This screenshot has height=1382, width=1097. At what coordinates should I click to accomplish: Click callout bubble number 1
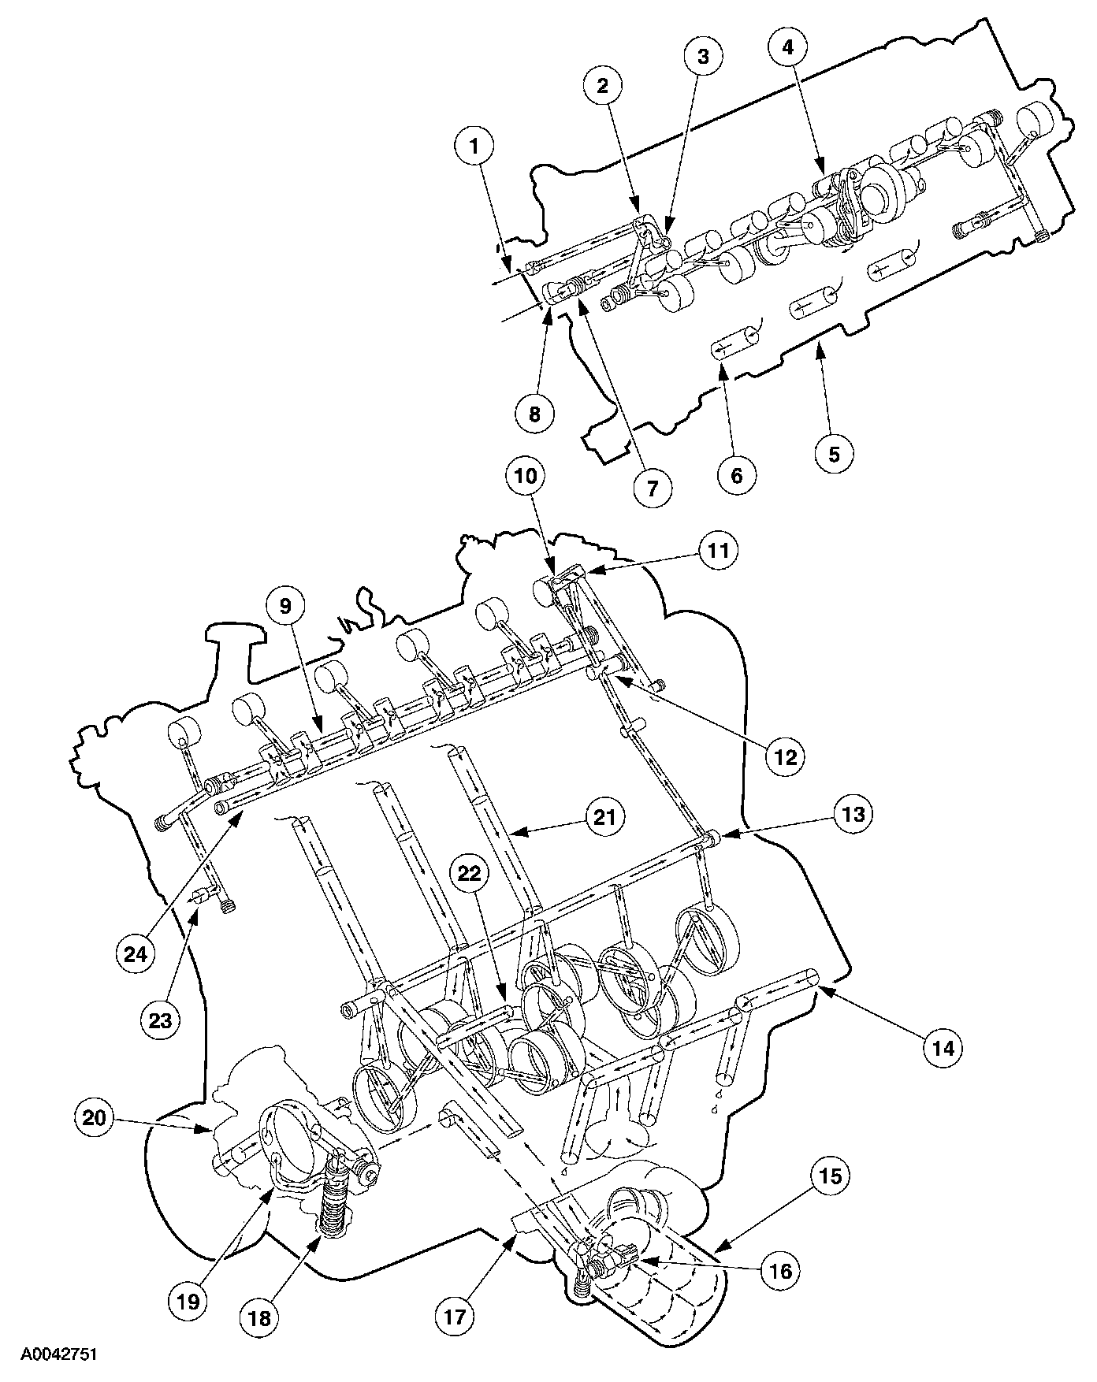[474, 147]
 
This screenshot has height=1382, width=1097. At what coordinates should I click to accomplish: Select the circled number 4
[790, 48]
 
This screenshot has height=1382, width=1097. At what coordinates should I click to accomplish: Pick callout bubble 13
[855, 813]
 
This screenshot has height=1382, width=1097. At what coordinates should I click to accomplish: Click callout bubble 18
[261, 1317]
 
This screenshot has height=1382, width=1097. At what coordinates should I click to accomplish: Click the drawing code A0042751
[59, 1354]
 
